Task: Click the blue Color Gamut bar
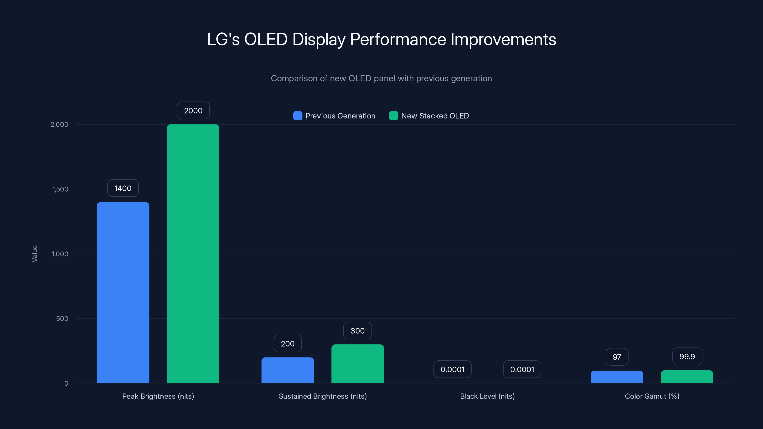pos(617,377)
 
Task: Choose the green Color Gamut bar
pos(687,377)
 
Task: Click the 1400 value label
pos(123,188)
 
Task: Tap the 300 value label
pos(357,331)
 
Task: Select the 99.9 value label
pos(687,357)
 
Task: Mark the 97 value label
pos(617,357)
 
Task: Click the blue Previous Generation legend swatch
pos(298,116)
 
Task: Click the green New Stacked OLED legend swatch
pos(393,116)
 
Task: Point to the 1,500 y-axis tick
pos(60,189)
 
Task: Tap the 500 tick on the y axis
pos(62,319)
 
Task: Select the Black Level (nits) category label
pos(487,396)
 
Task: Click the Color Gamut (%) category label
pos(652,396)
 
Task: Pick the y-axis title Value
pos(35,254)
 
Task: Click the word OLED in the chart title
pos(266,39)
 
